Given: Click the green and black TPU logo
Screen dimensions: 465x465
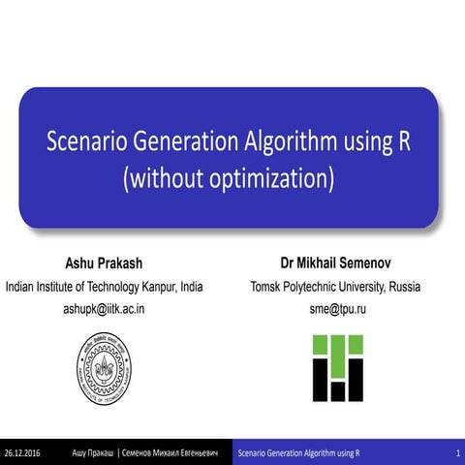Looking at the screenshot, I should pos(337,367).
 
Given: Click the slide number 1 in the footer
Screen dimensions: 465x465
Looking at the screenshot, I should pos(456,453).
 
